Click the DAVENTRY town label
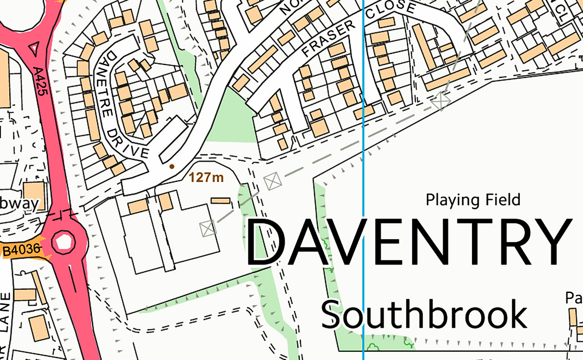407,242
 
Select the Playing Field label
473,200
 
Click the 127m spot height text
207,177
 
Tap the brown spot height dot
172,166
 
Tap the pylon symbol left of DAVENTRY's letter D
208,228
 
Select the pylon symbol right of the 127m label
273,180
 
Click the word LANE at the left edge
6,312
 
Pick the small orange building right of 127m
220,201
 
